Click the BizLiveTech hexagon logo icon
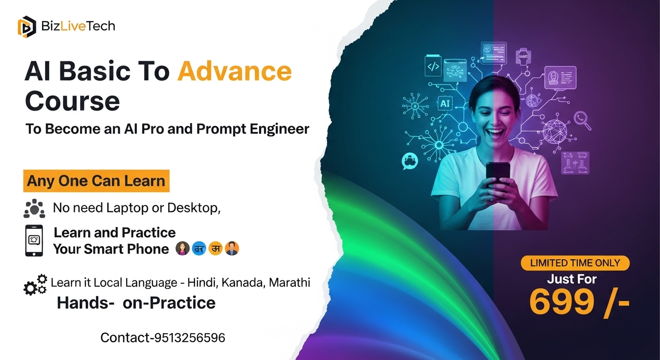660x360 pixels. point(27,27)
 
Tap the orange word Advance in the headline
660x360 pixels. point(234,72)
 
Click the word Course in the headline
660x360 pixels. point(72,101)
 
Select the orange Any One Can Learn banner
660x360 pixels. point(96,181)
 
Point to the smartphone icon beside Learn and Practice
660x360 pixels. point(34,240)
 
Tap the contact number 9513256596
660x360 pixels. point(189,337)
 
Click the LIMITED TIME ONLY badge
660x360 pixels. point(575,263)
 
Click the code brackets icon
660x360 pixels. point(433,66)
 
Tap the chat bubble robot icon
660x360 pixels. point(409,161)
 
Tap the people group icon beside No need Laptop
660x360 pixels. point(34,209)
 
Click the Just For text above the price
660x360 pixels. point(571,279)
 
